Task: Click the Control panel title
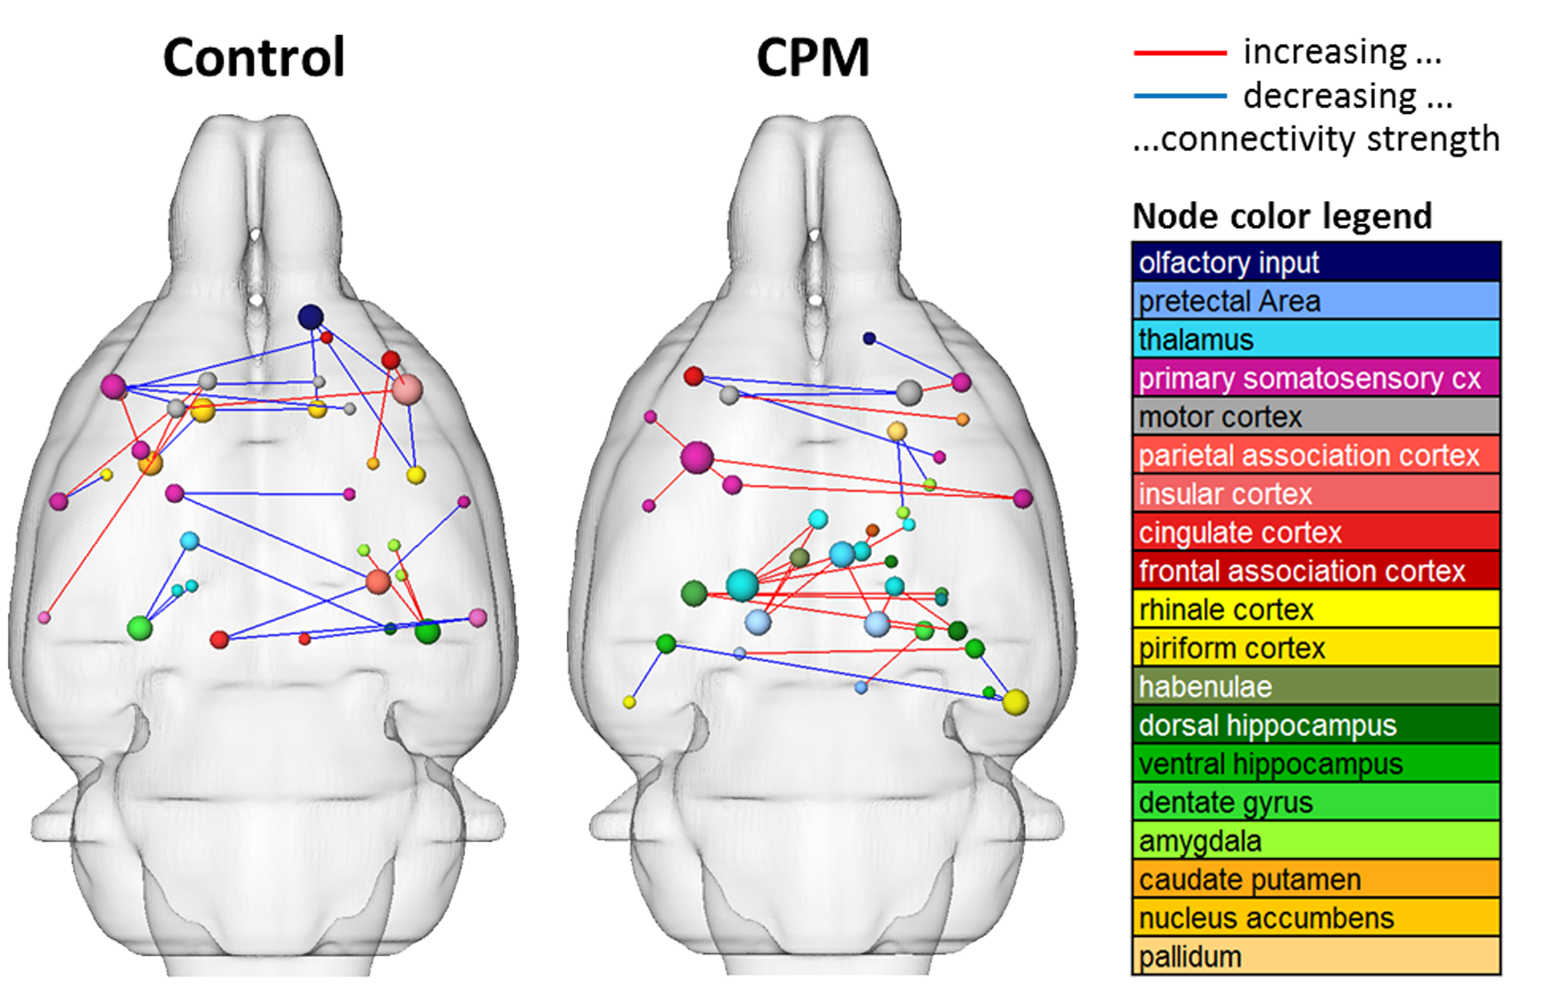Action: tap(254, 58)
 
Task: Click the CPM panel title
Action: tap(812, 58)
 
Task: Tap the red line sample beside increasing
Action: tap(1179, 53)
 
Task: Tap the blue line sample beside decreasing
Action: tap(1179, 97)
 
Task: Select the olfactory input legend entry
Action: tap(1316, 263)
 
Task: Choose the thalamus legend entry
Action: tap(1316, 340)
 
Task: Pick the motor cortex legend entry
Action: tap(1316, 417)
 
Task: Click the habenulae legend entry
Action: tap(1316, 686)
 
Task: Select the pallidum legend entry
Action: tap(1316, 957)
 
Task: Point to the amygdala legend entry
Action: tap(1316, 841)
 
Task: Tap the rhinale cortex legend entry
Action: tap(1316, 610)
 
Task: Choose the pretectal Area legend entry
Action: tap(1316, 302)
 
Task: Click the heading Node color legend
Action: tap(1282, 216)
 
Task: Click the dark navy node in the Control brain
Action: tap(311, 316)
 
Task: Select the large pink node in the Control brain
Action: tap(407, 389)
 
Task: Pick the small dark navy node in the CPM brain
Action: tap(869, 338)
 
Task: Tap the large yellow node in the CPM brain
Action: tap(1016, 702)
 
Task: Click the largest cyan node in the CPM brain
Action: tap(742, 585)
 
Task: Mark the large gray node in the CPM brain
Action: tap(909, 392)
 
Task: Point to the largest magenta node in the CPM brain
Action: tap(697, 457)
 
